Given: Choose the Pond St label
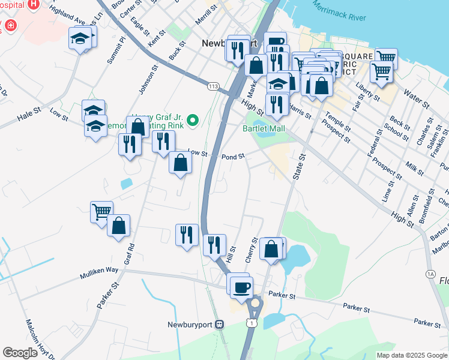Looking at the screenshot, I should pos(234,157).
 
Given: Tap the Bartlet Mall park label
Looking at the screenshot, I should pos(263,128).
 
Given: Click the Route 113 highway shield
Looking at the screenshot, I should pos(213,86).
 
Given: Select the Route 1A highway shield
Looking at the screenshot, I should pos(430,274).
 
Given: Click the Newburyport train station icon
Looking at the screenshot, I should pos(220,324).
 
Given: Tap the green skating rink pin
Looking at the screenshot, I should pos(193,121).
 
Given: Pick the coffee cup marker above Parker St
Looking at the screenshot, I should pos(241,287).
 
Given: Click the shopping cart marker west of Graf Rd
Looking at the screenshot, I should pos(101,211).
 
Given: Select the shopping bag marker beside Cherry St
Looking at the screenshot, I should pos(271,247).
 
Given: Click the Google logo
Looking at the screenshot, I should pos(20,353).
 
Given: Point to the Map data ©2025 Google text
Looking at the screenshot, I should pos(411,355).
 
